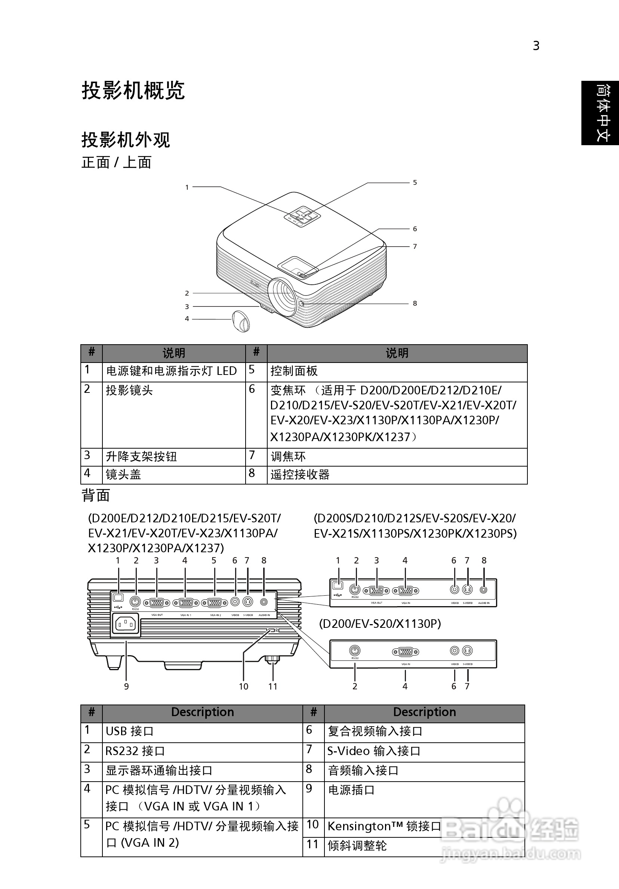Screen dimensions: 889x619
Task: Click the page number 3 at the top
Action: click(x=536, y=46)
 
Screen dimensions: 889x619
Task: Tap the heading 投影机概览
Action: click(x=133, y=91)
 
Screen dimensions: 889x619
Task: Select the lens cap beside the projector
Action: click(x=241, y=321)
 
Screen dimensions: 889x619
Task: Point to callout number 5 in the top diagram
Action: click(x=415, y=182)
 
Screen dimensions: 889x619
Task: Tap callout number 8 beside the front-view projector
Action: click(x=415, y=303)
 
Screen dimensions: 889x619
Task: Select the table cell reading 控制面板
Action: click(x=294, y=371)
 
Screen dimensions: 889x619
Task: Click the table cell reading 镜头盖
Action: click(x=123, y=474)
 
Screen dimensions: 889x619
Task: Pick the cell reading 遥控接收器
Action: click(x=300, y=474)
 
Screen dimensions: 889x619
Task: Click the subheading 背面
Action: click(x=96, y=496)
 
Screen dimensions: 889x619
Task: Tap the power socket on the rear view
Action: click(x=126, y=624)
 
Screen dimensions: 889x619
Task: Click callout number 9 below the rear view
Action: click(x=126, y=687)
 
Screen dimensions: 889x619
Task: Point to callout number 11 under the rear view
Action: click(x=273, y=687)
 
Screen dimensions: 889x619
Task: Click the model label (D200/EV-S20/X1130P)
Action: click(x=379, y=624)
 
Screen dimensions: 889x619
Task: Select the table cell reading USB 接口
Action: click(x=130, y=731)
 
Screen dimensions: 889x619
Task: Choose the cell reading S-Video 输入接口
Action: click(x=374, y=751)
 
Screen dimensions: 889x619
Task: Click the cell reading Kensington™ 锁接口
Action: click(x=384, y=826)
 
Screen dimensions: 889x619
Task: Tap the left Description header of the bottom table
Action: click(x=202, y=712)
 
